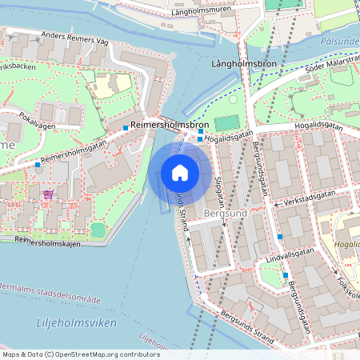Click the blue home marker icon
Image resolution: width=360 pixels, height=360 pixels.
179,173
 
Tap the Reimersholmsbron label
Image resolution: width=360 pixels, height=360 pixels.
169,126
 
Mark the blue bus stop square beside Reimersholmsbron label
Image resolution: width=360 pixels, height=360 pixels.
126,128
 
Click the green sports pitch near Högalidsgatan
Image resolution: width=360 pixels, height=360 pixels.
226,124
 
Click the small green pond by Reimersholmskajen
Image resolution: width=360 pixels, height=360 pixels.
97,230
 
